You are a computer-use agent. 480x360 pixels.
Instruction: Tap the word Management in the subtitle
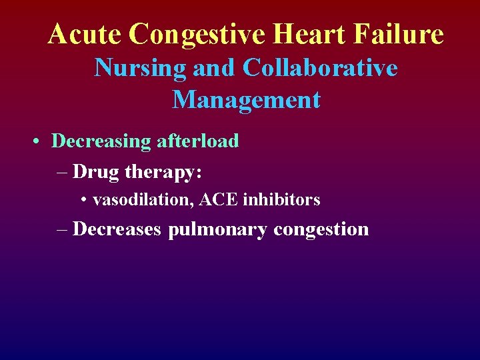246,100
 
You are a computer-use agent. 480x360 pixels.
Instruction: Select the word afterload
198,141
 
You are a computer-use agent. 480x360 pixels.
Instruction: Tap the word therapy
163,173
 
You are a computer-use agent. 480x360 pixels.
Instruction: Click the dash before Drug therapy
63,172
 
